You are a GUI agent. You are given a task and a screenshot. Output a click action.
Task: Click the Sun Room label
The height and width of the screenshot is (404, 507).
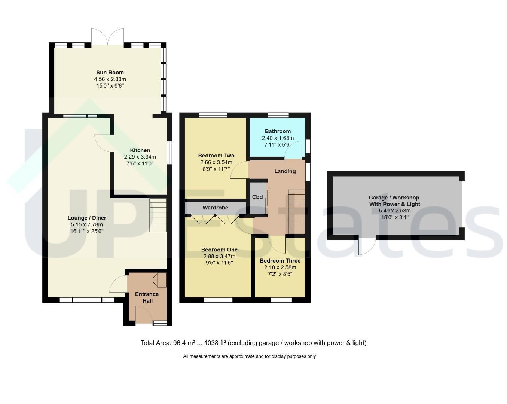(x=110, y=73)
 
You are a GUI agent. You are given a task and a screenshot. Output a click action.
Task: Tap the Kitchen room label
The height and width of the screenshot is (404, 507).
(x=140, y=150)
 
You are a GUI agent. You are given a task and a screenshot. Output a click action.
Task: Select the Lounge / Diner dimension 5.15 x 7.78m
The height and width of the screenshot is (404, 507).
(x=87, y=224)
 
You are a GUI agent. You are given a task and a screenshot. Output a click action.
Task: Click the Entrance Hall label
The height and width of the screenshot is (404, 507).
(x=147, y=297)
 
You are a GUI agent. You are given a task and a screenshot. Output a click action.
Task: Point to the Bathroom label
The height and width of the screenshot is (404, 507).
(x=278, y=131)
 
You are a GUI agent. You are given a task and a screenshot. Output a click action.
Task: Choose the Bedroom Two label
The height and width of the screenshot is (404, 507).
(x=216, y=156)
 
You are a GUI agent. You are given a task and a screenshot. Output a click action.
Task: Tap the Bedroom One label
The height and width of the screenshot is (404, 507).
(x=219, y=250)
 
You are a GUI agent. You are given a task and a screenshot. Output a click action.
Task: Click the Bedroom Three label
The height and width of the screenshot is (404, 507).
(x=280, y=261)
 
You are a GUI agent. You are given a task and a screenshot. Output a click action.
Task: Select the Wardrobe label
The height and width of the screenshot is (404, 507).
(x=215, y=208)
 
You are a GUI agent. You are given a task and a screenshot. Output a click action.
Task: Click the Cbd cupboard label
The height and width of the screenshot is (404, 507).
(x=257, y=197)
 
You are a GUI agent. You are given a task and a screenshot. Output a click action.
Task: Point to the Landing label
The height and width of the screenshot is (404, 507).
(x=285, y=171)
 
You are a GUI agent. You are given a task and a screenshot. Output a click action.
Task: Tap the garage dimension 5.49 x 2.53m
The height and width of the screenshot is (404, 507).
(x=395, y=211)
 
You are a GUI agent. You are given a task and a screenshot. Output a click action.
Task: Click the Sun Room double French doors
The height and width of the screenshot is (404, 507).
(x=108, y=37)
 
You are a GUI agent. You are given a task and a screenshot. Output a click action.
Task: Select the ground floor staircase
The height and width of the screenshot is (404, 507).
(x=158, y=215)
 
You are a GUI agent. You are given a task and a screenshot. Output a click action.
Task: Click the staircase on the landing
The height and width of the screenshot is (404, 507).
(x=297, y=212)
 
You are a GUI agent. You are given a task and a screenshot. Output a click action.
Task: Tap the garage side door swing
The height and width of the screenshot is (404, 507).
(x=367, y=247)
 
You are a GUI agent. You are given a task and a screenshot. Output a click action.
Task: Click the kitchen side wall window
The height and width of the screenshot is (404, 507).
(x=169, y=153)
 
